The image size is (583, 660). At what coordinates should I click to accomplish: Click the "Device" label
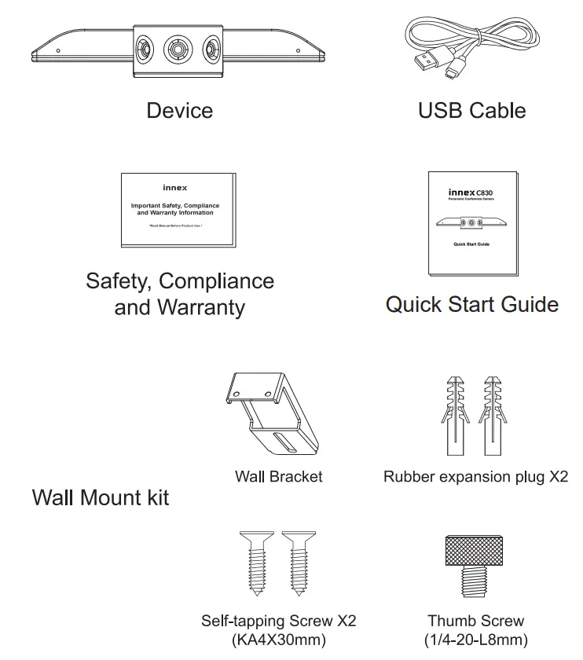(179, 110)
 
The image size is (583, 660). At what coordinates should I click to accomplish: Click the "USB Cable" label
(471, 110)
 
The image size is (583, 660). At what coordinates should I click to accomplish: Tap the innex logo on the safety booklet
(174, 189)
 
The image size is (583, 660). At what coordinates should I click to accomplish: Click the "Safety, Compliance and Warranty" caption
(180, 294)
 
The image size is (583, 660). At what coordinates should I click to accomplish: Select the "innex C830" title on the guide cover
(471, 192)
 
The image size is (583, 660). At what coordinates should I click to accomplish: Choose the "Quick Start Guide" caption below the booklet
(471, 305)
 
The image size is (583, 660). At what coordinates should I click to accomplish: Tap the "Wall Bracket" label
(278, 476)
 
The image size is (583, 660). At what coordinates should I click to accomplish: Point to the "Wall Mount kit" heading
(101, 497)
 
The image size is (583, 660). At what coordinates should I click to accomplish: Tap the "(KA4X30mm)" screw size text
(278, 640)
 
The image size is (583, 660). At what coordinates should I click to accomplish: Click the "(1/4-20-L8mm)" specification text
(476, 640)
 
